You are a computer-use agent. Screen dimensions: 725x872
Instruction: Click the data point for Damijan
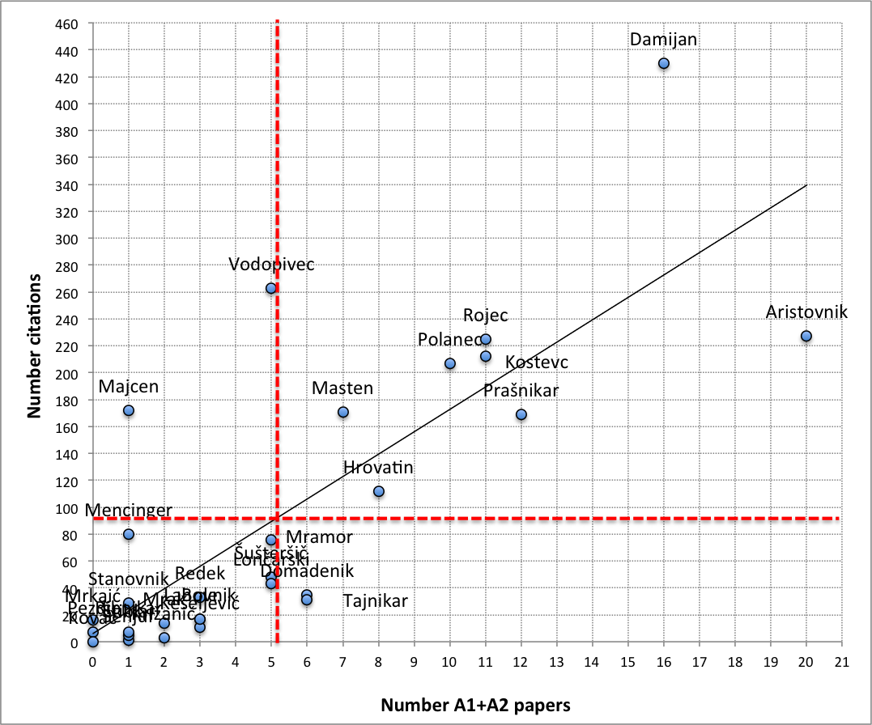pyautogui.click(x=664, y=63)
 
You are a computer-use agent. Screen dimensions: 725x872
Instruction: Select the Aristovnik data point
pyautogui.click(x=806, y=336)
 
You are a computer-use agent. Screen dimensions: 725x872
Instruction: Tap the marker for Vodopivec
pyautogui.click(x=271, y=288)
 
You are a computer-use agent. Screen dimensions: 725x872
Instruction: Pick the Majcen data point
pyautogui.click(x=129, y=410)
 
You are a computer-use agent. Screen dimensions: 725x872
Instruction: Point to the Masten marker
pyautogui.click(x=342, y=412)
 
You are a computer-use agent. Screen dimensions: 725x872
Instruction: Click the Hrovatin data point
pyautogui.click(x=379, y=491)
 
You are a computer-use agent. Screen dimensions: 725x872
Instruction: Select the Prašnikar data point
pyautogui.click(x=521, y=414)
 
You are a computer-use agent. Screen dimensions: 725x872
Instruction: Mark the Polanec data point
pyautogui.click(x=450, y=363)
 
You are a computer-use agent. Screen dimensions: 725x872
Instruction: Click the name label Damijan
pyautogui.click(x=663, y=39)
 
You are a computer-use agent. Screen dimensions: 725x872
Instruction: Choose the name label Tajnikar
pyautogui.click(x=375, y=601)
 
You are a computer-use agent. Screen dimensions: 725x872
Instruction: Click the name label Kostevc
pyautogui.click(x=537, y=362)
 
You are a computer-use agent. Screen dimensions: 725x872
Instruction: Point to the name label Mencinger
pyautogui.click(x=129, y=511)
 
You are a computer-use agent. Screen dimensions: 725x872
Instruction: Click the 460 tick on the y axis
pyautogui.click(x=66, y=24)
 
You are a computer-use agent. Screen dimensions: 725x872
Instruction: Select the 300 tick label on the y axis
pyautogui.click(x=66, y=239)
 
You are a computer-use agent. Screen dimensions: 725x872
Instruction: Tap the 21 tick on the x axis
pyautogui.click(x=842, y=661)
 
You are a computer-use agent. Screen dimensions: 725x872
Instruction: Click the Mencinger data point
pyautogui.click(x=129, y=534)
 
